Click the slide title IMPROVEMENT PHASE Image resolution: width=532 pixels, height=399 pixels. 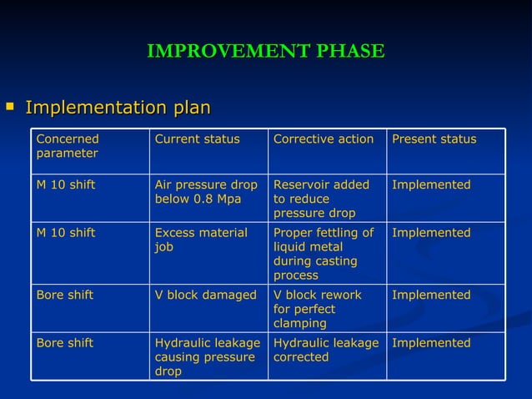(x=265, y=52)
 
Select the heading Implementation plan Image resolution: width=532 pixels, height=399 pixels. (x=118, y=108)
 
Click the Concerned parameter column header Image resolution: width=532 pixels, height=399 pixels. (x=68, y=146)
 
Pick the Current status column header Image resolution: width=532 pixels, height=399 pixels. (x=197, y=139)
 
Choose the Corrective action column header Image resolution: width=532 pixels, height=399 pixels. (x=323, y=139)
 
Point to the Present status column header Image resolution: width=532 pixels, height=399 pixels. (x=434, y=139)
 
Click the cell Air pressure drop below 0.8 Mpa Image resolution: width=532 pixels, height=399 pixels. (x=206, y=192)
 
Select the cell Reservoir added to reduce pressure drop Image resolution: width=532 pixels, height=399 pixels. (x=321, y=199)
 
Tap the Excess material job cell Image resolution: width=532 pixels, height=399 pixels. (x=201, y=240)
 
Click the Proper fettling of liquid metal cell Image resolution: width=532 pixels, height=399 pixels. (x=324, y=254)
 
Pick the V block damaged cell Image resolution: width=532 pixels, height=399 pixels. (x=205, y=295)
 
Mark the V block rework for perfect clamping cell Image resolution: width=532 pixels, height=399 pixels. (x=317, y=309)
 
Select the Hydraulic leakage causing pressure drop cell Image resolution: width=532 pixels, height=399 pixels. (x=208, y=356)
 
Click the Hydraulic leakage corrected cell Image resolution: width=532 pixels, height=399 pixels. (x=326, y=350)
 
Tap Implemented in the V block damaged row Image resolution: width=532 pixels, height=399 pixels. (x=431, y=295)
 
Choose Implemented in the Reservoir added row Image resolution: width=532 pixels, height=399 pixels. (x=431, y=184)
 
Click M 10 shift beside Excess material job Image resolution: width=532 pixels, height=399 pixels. (x=66, y=233)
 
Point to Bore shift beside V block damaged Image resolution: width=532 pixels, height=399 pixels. (x=65, y=295)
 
